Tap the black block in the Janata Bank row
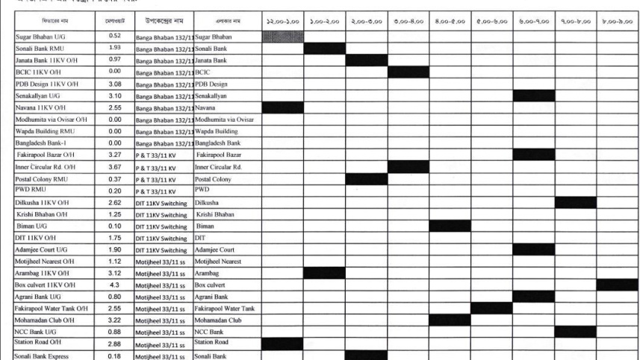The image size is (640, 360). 366,60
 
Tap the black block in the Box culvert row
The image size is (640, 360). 616,285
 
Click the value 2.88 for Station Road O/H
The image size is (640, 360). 115,344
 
